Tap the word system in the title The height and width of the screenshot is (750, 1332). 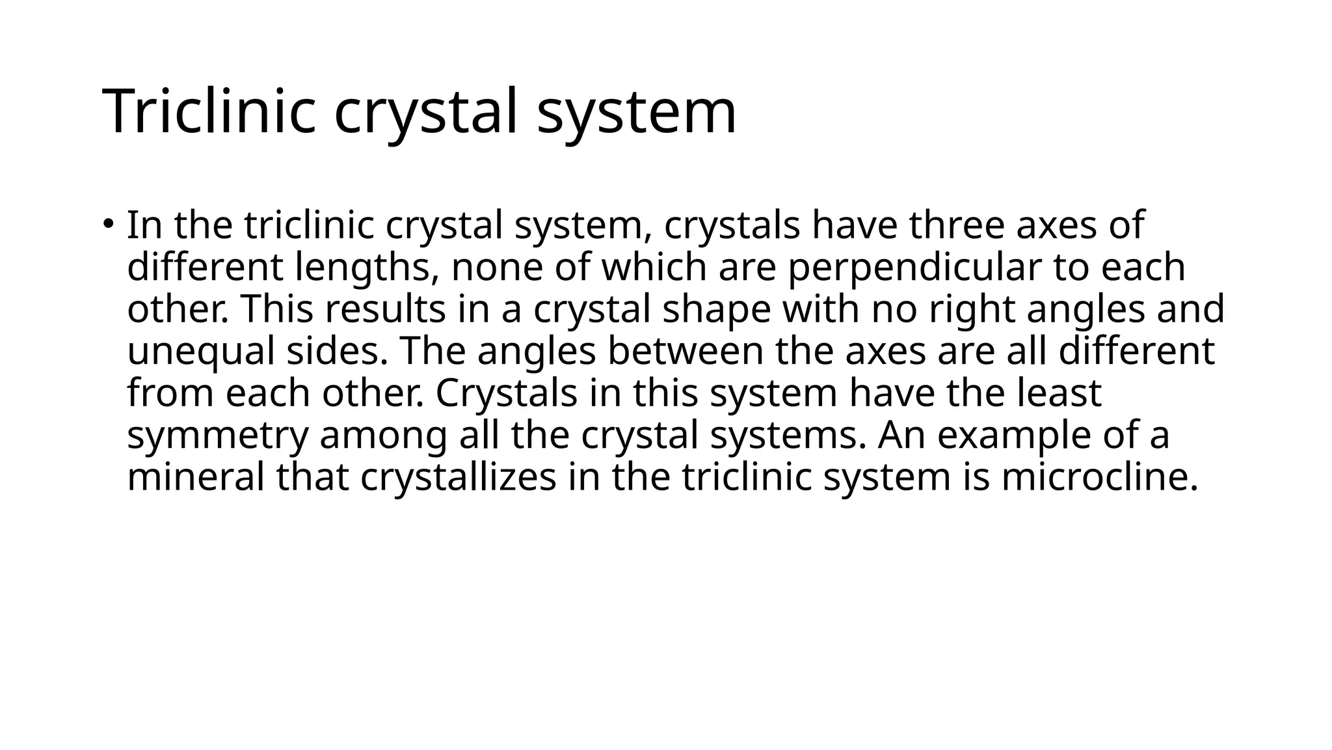pyautogui.click(x=637, y=111)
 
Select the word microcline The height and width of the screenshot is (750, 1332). pyautogui.click(x=1099, y=477)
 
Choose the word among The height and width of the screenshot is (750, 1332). pyautogui.click(x=383, y=436)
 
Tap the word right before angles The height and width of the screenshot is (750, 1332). pyautogui.click(x=972, y=310)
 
